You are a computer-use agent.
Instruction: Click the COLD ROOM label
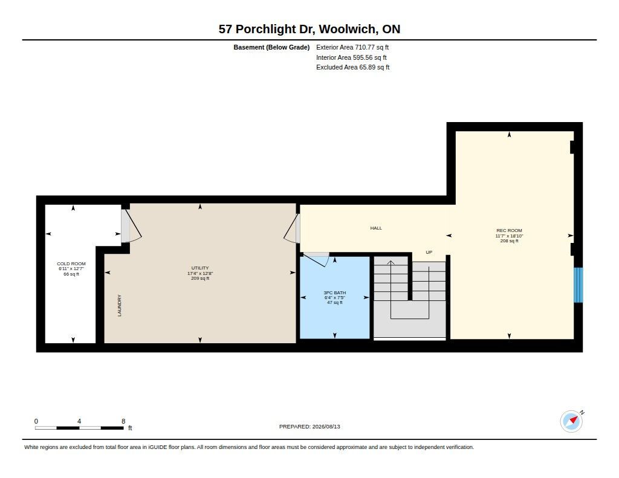(x=71, y=263)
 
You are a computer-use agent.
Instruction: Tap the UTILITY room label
(x=200, y=268)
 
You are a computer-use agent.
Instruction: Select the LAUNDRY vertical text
(x=120, y=306)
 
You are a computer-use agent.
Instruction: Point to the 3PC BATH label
(x=335, y=292)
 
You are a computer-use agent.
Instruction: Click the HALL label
(x=376, y=228)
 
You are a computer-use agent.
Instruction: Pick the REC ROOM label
(x=509, y=230)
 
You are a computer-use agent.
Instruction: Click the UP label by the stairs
(x=429, y=252)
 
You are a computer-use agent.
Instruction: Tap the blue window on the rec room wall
(x=578, y=285)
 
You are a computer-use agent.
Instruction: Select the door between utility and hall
(x=291, y=228)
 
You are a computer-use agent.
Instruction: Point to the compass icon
(x=571, y=422)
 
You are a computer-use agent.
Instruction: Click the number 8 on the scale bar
(x=123, y=421)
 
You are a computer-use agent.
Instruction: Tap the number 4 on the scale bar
(x=79, y=421)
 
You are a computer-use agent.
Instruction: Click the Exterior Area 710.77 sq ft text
(x=352, y=47)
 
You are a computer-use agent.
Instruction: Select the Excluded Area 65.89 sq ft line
(x=353, y=68)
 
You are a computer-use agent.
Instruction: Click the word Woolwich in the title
(x=348, y=29)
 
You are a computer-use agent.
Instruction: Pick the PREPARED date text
(x=309, y=427)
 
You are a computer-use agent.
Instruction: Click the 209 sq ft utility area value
(x=200, y=278)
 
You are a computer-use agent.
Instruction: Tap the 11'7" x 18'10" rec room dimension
(x=509, y=236)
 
